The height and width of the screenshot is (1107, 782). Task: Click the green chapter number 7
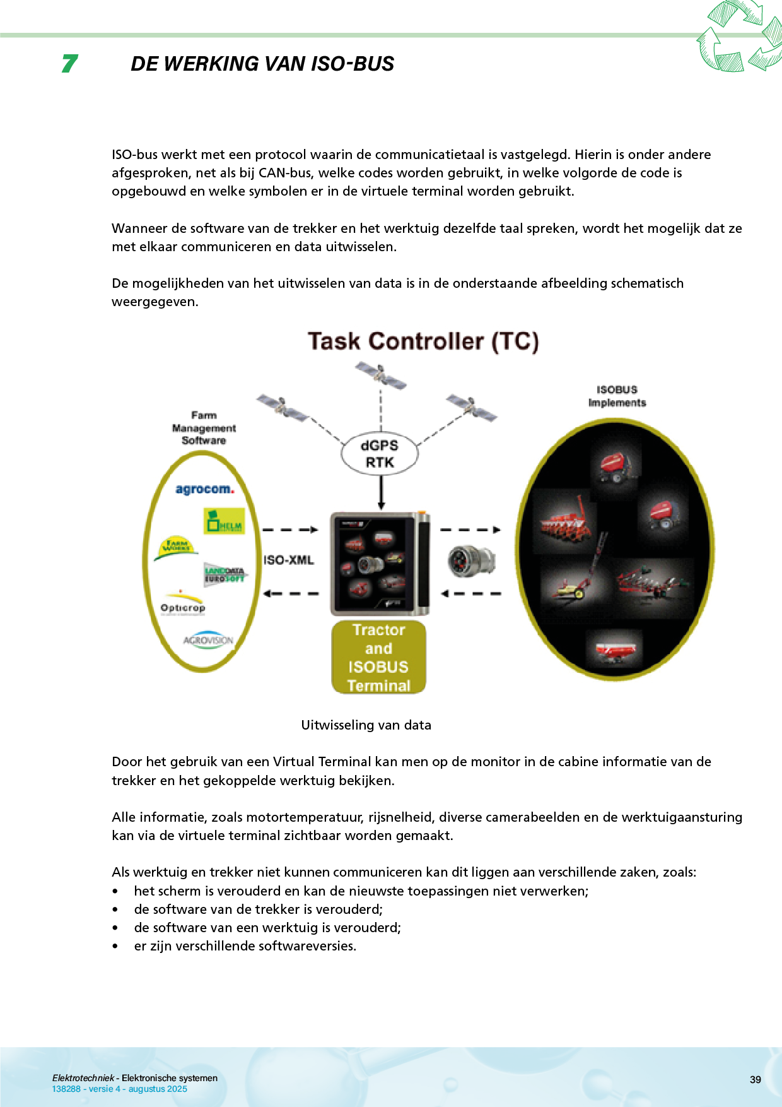point(69,63)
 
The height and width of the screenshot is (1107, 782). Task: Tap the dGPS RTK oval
point(380,454)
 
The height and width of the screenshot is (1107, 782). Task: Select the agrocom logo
point(204,489)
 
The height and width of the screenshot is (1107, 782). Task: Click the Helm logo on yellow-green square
point(224,521)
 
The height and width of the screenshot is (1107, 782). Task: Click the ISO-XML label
point(288,560)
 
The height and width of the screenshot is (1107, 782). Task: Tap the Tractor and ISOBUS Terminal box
point(378,658)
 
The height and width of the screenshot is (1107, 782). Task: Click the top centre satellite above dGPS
point(380,375)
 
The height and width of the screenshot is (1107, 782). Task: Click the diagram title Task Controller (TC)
point(423,341)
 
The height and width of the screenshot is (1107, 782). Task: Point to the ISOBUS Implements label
point(617,396)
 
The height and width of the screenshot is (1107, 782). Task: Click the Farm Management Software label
point(204,428)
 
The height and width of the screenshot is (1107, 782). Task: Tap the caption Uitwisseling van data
point(366,725)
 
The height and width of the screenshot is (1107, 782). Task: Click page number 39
point(755,1079)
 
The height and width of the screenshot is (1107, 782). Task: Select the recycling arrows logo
point(740,37)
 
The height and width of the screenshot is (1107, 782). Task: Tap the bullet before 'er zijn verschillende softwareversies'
point(115,946)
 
